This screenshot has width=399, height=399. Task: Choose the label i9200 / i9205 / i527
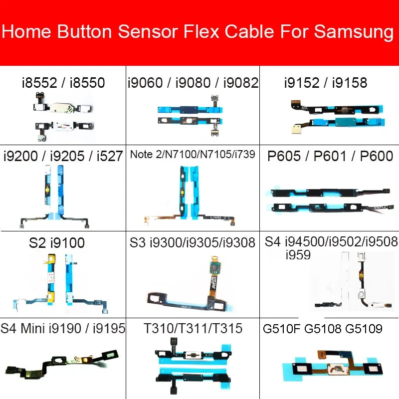tap(62, 156)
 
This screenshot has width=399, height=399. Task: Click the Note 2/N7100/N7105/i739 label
tap(193, 155)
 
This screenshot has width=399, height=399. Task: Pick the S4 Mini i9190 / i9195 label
tap(63, 328)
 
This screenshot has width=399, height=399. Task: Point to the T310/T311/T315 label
tap(193, 328)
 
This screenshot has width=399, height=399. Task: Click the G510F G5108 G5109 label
tap(322, 329)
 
